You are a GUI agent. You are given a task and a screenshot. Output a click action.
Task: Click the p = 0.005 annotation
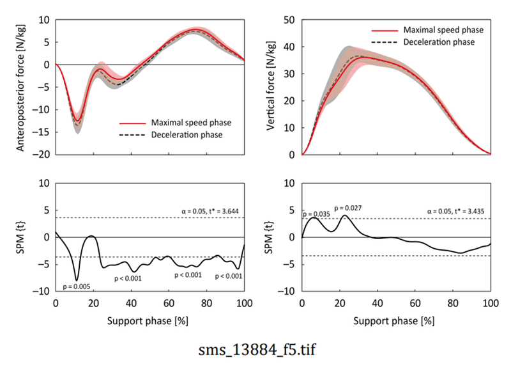[x=77, y=286]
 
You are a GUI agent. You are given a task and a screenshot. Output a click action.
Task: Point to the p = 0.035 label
[x=316, y=214]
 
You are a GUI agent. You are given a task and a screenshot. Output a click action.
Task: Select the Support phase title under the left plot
[x=150, y=318]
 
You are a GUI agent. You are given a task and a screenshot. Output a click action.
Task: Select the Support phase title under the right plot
[x=396, y=318]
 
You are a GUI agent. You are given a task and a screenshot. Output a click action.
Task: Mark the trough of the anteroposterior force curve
[x=77, y=121]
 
